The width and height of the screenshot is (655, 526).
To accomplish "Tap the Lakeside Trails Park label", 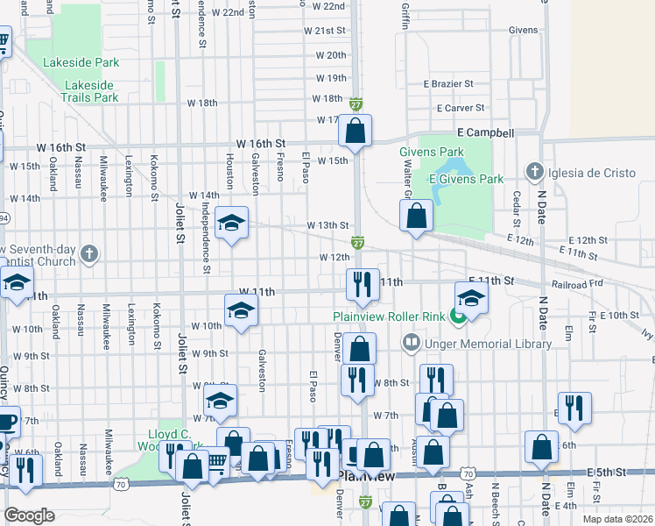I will (x=89, y=91).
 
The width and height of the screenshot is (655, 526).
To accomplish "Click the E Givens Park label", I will (x=466, y=179).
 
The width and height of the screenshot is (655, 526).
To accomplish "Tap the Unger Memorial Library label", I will (x=488, y=344).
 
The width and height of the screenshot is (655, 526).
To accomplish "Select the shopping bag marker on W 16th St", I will (x=355, y=131).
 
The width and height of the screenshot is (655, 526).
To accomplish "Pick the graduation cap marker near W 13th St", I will (x=231, y=224).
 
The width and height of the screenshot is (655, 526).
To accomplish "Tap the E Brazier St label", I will (x=448, y=84).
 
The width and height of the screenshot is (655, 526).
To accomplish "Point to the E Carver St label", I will (x=460, y=108).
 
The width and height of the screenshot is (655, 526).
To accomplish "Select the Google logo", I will (x=29, y=515).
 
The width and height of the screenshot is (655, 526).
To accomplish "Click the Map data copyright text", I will (x=616, y=519).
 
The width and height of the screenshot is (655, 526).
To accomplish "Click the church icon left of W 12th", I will (x=88, y=255).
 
